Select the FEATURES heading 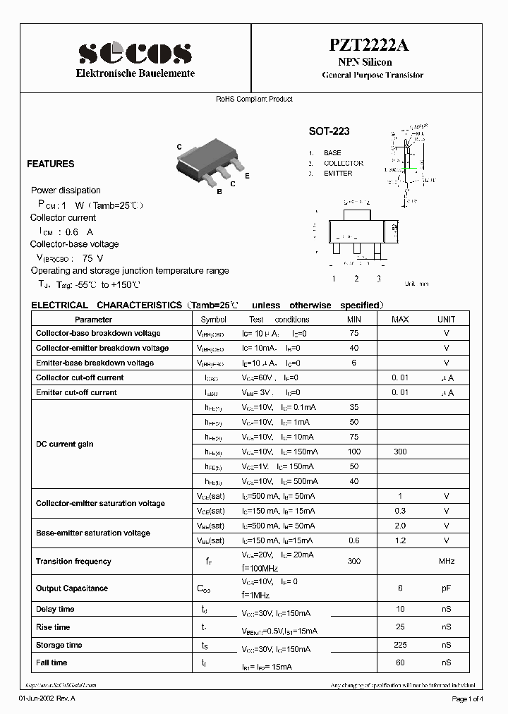[50, 164]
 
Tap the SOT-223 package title [329, 131]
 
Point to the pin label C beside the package [179, 147]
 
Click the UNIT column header [446, 319]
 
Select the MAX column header [400, 319]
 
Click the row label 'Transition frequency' [73, 562]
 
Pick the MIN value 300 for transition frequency [353, 562]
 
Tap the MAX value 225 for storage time [400, 645]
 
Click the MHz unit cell [446, 562]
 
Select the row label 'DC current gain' [64, 444]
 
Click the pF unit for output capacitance [446, 588]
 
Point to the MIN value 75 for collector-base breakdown [353, 333]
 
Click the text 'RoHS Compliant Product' [254, 99]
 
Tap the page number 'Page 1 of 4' [466, 698]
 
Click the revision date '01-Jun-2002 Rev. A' [46, 698]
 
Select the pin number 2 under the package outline [356, 279]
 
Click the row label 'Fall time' [52, 662]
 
